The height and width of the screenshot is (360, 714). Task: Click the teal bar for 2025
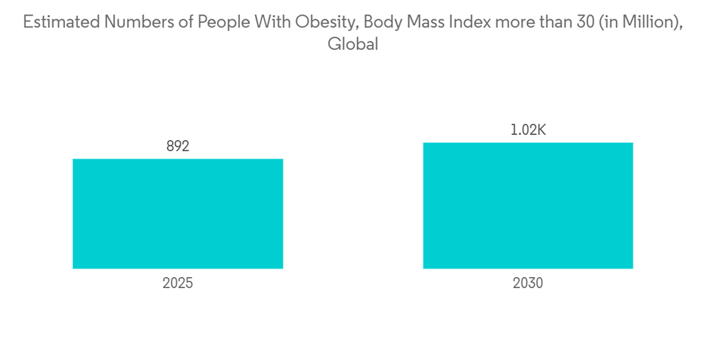coord(178,214)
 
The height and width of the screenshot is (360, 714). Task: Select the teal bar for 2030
coord(528,206)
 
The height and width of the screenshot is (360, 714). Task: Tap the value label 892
coord(178,147)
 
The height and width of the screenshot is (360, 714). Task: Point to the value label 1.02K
coord(528,131)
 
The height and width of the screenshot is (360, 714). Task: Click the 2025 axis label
coord(178,283)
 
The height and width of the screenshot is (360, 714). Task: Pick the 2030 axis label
coord(528,283)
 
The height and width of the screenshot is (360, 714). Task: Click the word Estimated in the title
coord(60,23)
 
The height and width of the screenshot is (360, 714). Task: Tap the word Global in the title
coord(352,44)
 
